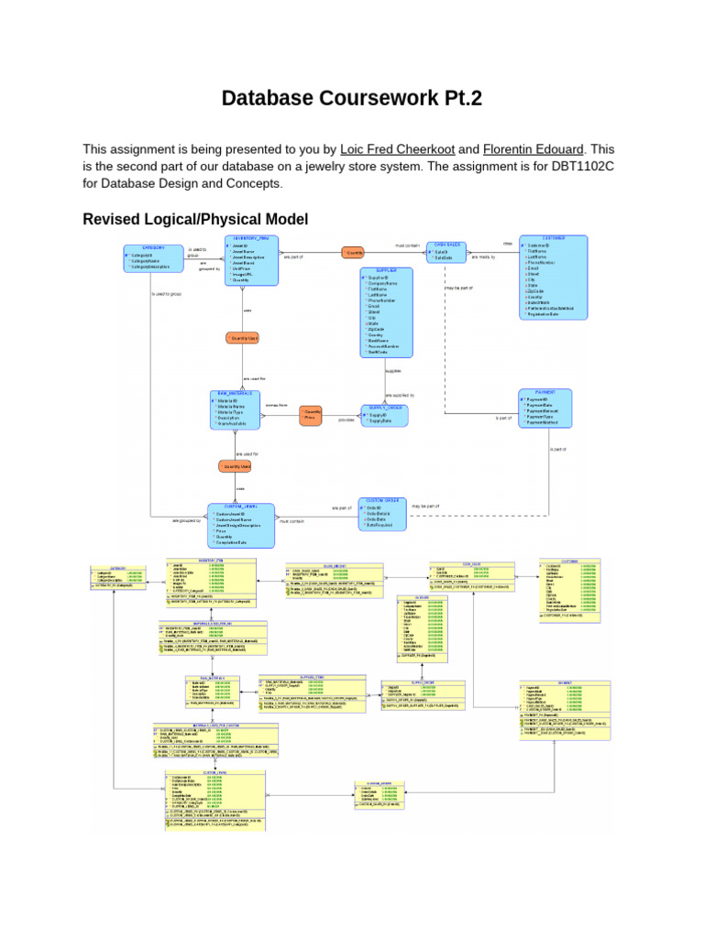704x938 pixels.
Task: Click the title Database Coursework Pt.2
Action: tap(351, 98)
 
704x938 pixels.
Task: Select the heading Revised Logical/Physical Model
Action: tap(195, 219)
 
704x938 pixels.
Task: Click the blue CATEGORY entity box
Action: tap(153, 257)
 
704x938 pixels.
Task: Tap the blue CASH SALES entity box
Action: tap(446, 254)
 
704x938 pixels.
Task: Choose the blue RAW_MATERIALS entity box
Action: tap(234, 408)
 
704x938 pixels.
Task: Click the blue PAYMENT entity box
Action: tap(544, 409)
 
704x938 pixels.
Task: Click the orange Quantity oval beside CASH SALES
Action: tap(354, 252)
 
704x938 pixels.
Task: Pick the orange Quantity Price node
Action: tap(313, 416)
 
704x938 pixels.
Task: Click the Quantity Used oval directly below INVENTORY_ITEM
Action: tap(243, 338)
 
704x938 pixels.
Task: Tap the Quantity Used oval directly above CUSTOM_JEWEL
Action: tap(235, 466)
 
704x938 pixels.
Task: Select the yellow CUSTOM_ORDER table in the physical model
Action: tap(379, 793)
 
